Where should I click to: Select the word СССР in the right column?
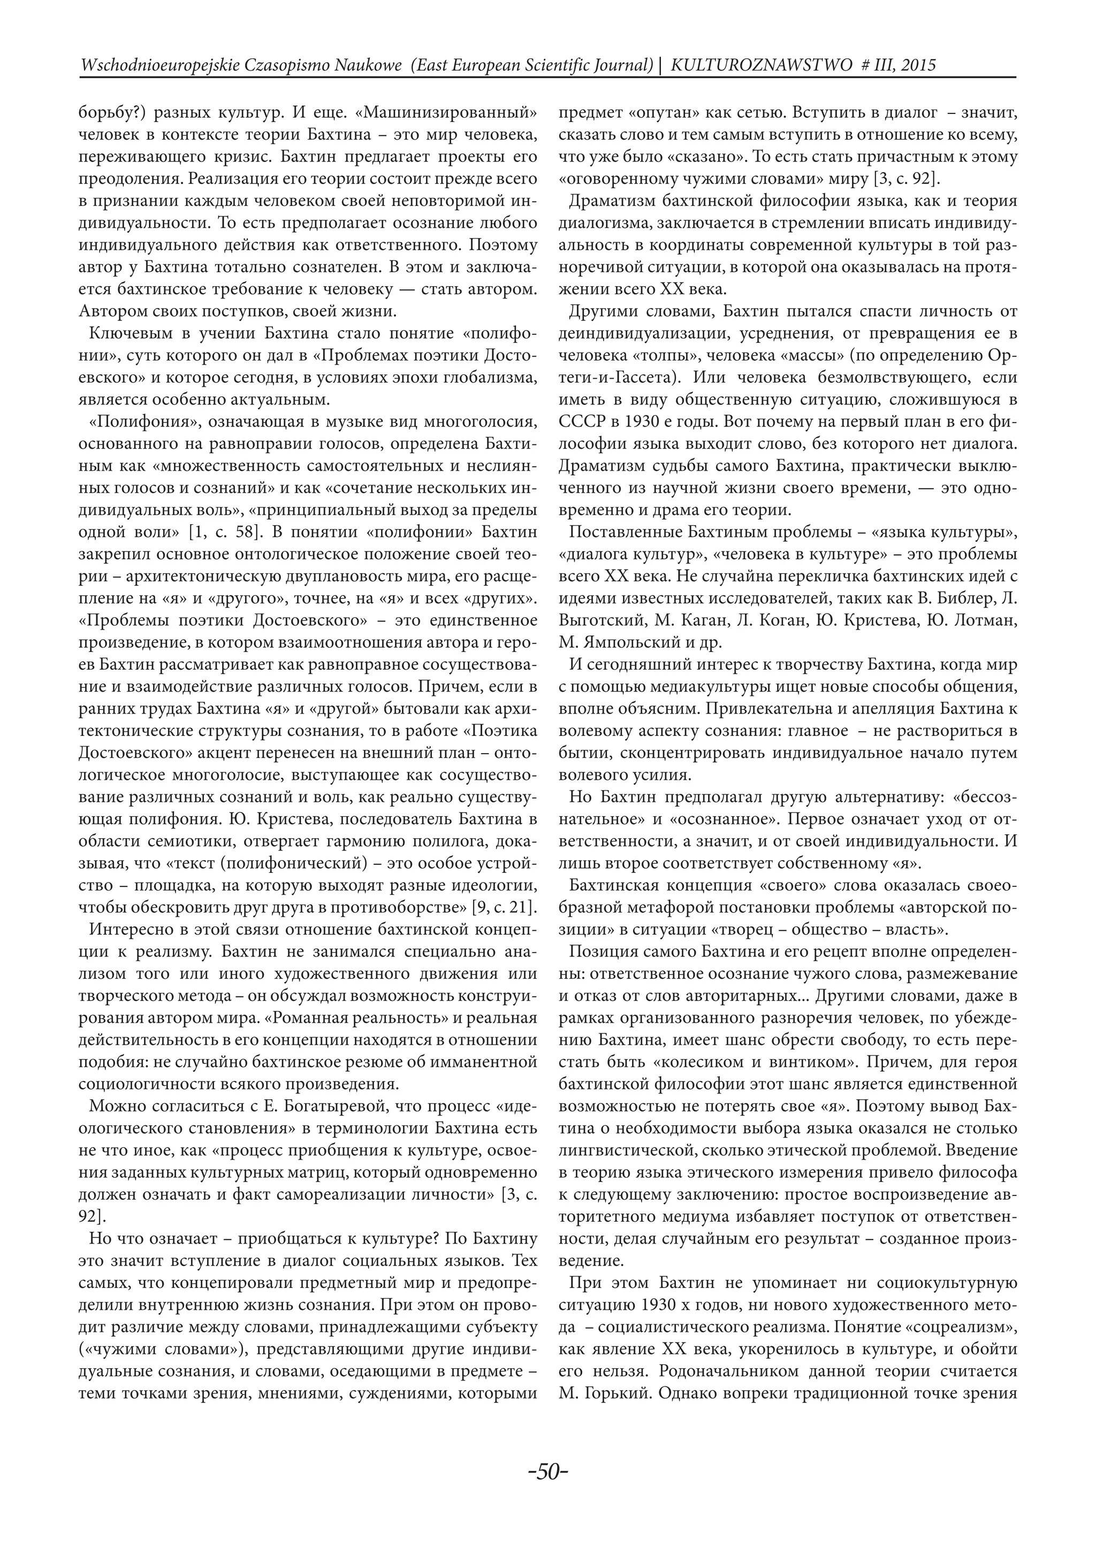[x=577, y=421]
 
